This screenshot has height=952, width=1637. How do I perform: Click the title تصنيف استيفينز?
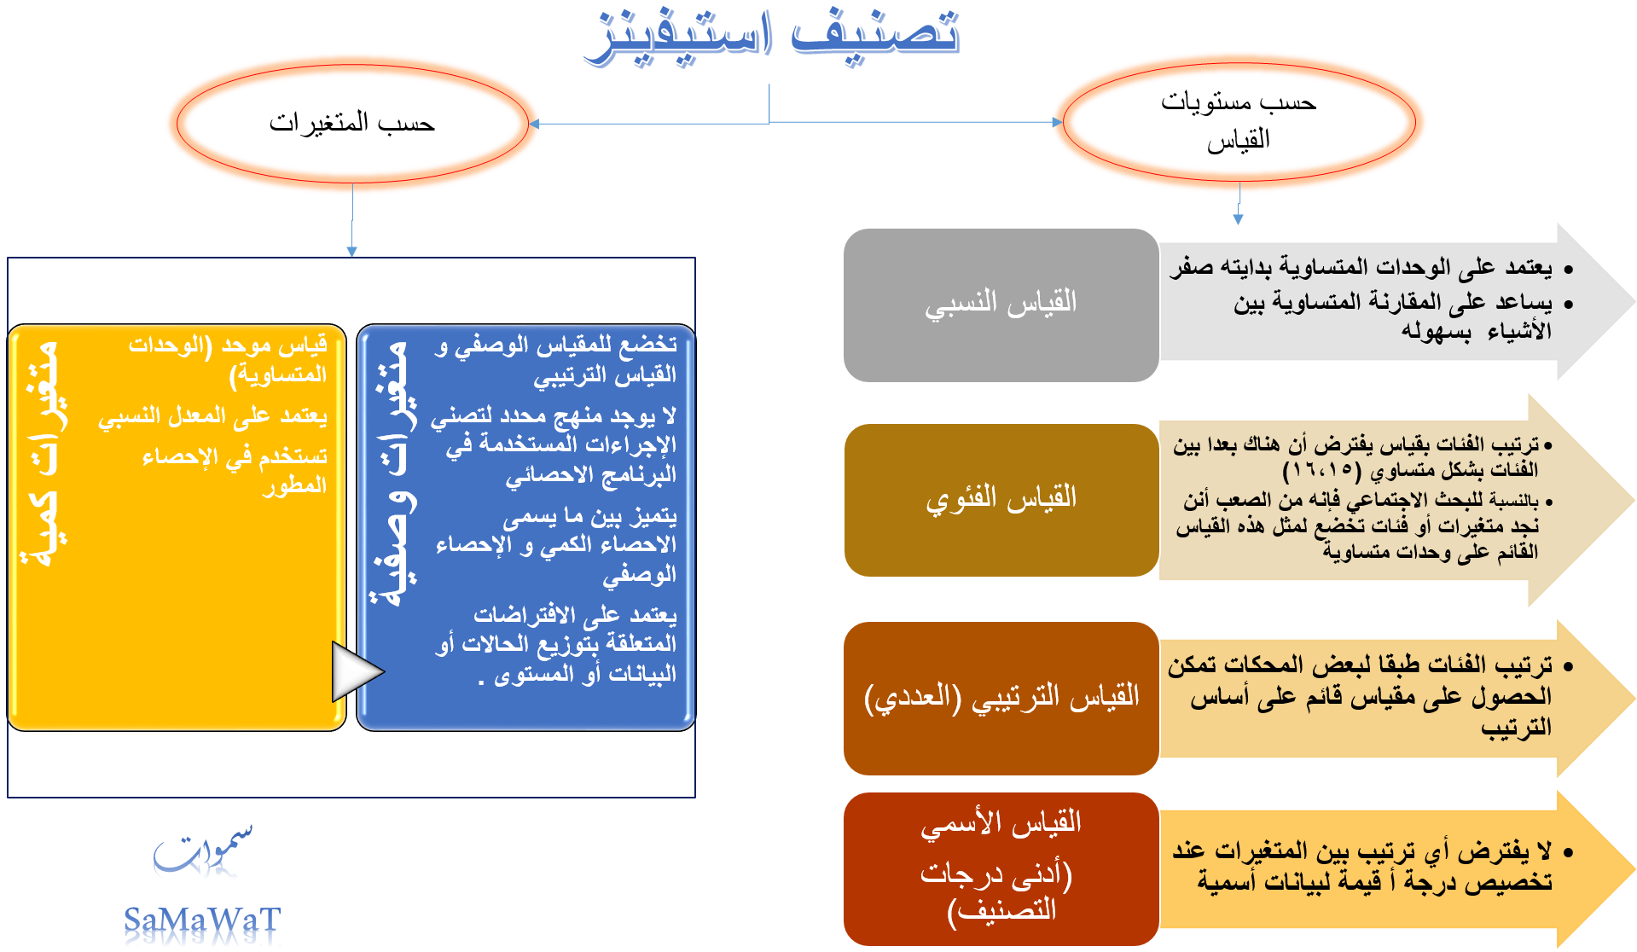[x=772, y=36]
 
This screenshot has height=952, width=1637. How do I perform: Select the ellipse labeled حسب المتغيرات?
[x=352, y=124]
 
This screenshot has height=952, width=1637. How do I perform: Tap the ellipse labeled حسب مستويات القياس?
[x=1239, y=121]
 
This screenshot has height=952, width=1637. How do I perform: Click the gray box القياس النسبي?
[x=1001, y=305]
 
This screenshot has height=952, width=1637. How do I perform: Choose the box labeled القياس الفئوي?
[x=1001, y=500]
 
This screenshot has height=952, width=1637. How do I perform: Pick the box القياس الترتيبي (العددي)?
[x=1001, y=698]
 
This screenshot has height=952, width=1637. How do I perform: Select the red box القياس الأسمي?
[x=1001, y=868]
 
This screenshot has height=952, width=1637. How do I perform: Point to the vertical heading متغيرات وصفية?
[x=393, y=473]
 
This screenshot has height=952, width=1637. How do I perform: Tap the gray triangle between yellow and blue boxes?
[x=355, y=671]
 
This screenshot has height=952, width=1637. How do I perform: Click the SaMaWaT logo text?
[x=202, y=920]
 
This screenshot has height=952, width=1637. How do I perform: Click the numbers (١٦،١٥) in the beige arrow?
[x=1322, y=470]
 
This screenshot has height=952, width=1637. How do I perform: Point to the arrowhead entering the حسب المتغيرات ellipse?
[x=534, y=124]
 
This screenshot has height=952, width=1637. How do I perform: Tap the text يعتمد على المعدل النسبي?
[x=212, y=416]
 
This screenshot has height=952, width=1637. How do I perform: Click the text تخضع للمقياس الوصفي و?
[x=555, y=345]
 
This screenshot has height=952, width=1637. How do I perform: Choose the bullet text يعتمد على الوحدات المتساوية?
[x=1361, y=268]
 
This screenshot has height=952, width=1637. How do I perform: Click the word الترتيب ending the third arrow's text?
[x=1516, y=728]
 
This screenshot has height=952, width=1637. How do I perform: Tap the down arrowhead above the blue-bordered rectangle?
[x=351, y=252]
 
